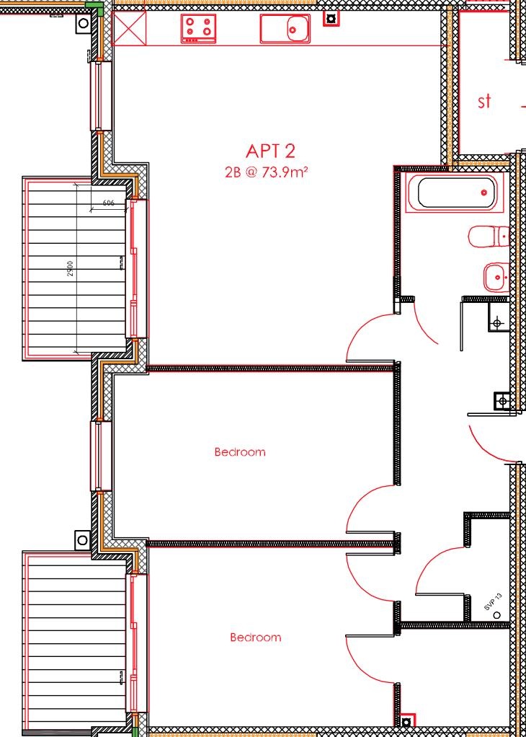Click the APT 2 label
[270, 151]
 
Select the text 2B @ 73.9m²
[267, 172]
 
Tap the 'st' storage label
[485, 102]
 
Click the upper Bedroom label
[240, 452]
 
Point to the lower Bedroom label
[255, 637]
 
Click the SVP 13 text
[493, 603]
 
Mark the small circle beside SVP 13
[496, 614]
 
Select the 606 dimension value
[109, 203]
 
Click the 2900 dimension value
[70, 269]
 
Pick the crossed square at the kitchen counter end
[130, 28]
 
